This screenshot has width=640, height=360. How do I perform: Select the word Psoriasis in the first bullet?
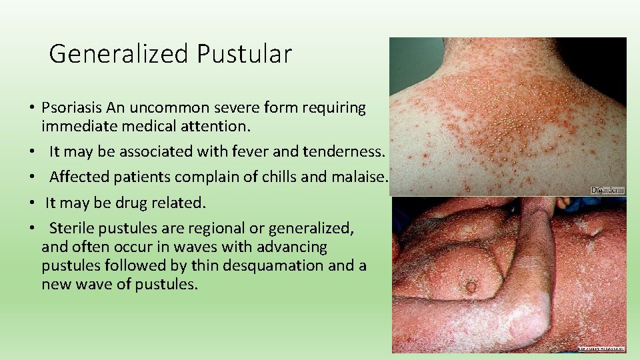pos(70,107)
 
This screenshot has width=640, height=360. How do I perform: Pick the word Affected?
pos(78,177)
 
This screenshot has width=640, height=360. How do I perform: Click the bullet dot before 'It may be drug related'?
pos(32,203)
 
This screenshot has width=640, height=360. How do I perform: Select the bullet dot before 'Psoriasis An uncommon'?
pos(32,108)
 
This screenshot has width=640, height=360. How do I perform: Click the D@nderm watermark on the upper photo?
pos(607,190)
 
